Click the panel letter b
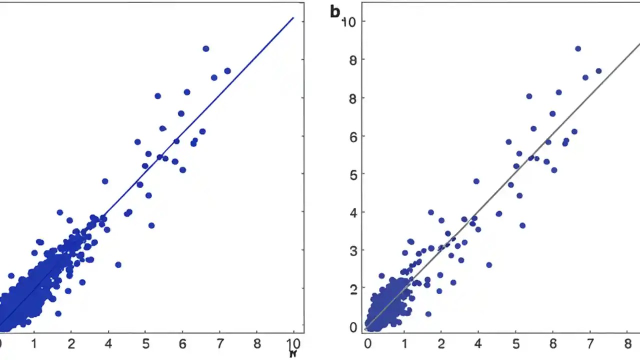[x=335, y=12]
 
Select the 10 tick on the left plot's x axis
[x=293, y=344]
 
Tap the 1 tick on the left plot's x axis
[x=33, y=344]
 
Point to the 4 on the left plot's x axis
[x=107, y=344]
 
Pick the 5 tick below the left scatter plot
[x=145, y=344]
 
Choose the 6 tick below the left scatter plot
[x=182, y=344]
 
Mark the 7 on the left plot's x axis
[x=219, y=344]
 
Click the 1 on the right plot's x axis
[x=404, y=344]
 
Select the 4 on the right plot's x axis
[x=478, y=344]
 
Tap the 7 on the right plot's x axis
[x=590, y=344]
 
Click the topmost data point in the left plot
[x=205, y=48]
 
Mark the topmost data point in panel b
[x=578, y=48]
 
